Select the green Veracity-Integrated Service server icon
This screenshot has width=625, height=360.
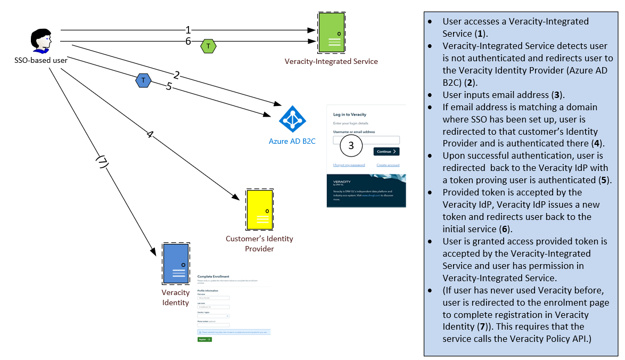[x=331, y=33]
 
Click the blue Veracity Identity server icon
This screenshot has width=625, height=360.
[x=176, y=264]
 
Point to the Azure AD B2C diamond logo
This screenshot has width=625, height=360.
[x=292, y=120]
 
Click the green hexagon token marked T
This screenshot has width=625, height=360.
[x=208, y=47]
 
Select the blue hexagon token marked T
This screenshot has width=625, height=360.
[x=143, y=80]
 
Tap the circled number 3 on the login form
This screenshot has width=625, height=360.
[x=351, y=145]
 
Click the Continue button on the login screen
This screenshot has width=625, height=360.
[x=386, y=152]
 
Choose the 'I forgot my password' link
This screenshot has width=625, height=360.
[x=349, y=165]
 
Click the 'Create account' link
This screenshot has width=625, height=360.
[x=388, y=165]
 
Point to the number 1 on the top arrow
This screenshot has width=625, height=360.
[x=188, y=30]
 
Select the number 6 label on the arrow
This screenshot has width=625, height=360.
[x=188, y=42]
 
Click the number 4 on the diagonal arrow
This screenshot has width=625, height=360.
[x=150, y=135]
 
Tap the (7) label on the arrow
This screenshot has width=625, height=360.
[x=101, y=163]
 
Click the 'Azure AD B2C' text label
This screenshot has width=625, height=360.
[x=292, y=142]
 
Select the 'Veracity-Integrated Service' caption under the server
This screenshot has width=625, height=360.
[x=331, y=61]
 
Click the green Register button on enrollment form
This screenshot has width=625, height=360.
[x=204, y=339]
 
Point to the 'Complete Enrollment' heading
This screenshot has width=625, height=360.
[x=213, y=276]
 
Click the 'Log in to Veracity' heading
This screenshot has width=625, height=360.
[x=350, y=114]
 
